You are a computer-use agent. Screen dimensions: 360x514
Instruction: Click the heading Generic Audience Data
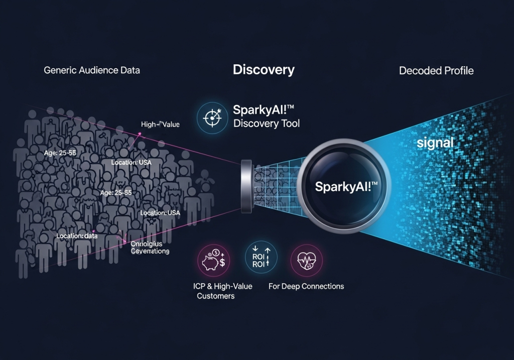92,70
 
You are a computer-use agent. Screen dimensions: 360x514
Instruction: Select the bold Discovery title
264,70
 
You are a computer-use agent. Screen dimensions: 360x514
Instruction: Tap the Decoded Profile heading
436,71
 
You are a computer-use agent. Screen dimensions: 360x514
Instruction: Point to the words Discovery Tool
267,124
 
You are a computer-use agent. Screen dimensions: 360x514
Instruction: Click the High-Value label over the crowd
160,125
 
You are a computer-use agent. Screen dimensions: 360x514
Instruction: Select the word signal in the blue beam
435,143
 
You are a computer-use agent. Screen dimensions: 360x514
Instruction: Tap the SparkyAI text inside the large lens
346,187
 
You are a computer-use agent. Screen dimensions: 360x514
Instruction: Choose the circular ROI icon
261,257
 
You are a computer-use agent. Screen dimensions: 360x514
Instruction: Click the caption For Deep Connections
306,286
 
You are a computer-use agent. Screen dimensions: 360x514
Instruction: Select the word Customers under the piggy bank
215,296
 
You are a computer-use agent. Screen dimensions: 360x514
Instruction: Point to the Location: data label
77,235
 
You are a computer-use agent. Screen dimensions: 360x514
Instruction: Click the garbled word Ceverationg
150,251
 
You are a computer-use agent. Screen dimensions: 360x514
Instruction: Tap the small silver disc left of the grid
246,185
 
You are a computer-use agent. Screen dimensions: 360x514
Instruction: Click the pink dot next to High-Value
140,134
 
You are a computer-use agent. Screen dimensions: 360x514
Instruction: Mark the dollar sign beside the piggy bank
222,261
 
